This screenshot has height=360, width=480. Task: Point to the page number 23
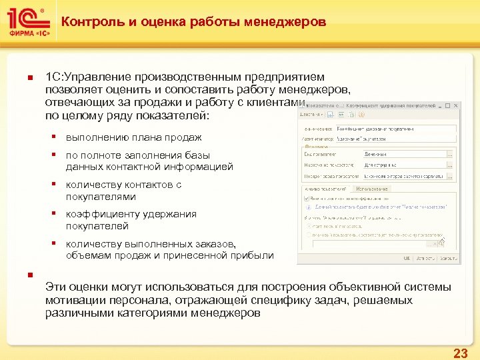pos(459,353)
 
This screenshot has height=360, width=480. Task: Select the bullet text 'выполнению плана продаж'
pos(133,137)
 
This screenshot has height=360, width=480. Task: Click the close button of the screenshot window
pos(455,106)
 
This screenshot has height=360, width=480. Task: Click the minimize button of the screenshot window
pos(441,106)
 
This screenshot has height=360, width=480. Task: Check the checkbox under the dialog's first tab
pos(305,199)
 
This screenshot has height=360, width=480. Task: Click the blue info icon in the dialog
pos(306,207)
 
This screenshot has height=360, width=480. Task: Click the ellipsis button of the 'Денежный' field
pos(449,153)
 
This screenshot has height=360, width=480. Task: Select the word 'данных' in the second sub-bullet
pos(82,167)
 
